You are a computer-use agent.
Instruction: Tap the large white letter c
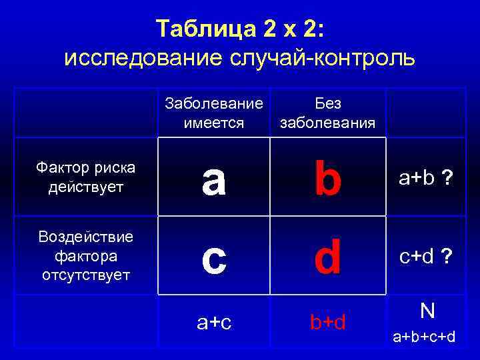(x=213, y=259)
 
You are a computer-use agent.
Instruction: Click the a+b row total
(x=417, y=178)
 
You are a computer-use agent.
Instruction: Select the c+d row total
(x=417, y=257)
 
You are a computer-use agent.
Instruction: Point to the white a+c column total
(x=214, y=323)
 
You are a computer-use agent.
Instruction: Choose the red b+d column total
(x=328, y=323)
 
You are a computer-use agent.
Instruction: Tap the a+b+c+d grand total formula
(x=424, y=337)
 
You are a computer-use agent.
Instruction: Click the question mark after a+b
(x=449, y=178)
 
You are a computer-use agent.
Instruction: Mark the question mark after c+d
(x=449, y=257)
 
